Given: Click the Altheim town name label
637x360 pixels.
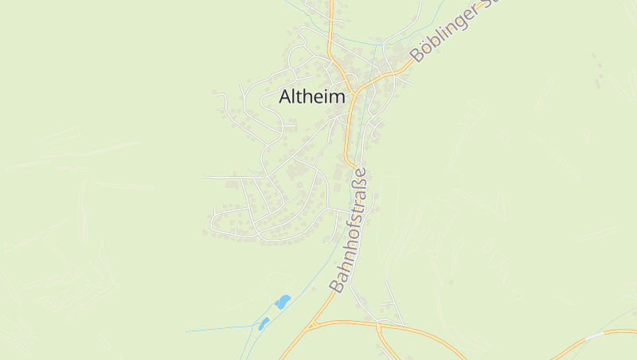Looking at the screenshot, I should [x=312, y=97].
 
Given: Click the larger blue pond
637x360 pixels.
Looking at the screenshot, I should [x=282, y=302].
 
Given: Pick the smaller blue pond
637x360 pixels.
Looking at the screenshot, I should [x=263, y=323].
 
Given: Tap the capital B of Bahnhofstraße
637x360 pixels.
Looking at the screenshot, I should [x=338, y=284].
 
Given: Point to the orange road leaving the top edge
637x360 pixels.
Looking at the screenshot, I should [x=329, y=6].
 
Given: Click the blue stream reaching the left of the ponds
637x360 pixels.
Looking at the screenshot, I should [x=215, y=328].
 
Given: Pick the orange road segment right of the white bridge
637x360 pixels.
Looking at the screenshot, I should [x=621, y=331].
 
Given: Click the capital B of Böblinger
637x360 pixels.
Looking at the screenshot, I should [x=416, y=55].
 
